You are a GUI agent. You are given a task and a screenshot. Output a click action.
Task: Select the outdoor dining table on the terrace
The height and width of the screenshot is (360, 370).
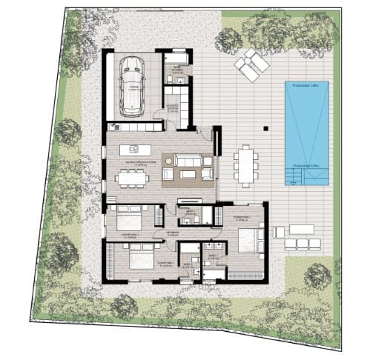click(245, 164)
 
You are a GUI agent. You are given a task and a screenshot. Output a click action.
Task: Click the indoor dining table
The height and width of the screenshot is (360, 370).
click(132, 176)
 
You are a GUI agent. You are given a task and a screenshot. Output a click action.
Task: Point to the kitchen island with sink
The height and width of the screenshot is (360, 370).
click(137, 149)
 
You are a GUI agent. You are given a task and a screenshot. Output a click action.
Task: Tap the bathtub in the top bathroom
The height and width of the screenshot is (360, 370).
click(177, 56)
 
